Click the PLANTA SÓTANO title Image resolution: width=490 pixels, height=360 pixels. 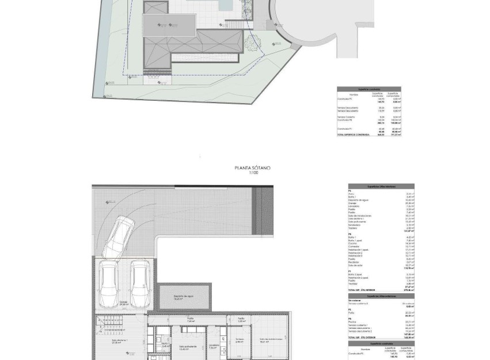252,168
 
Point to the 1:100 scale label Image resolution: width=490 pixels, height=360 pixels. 252,173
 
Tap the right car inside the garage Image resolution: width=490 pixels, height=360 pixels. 139,281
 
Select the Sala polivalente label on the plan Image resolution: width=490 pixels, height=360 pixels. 186,347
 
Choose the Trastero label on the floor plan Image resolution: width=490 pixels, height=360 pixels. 238,339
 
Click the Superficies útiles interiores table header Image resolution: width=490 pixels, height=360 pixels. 381,187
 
